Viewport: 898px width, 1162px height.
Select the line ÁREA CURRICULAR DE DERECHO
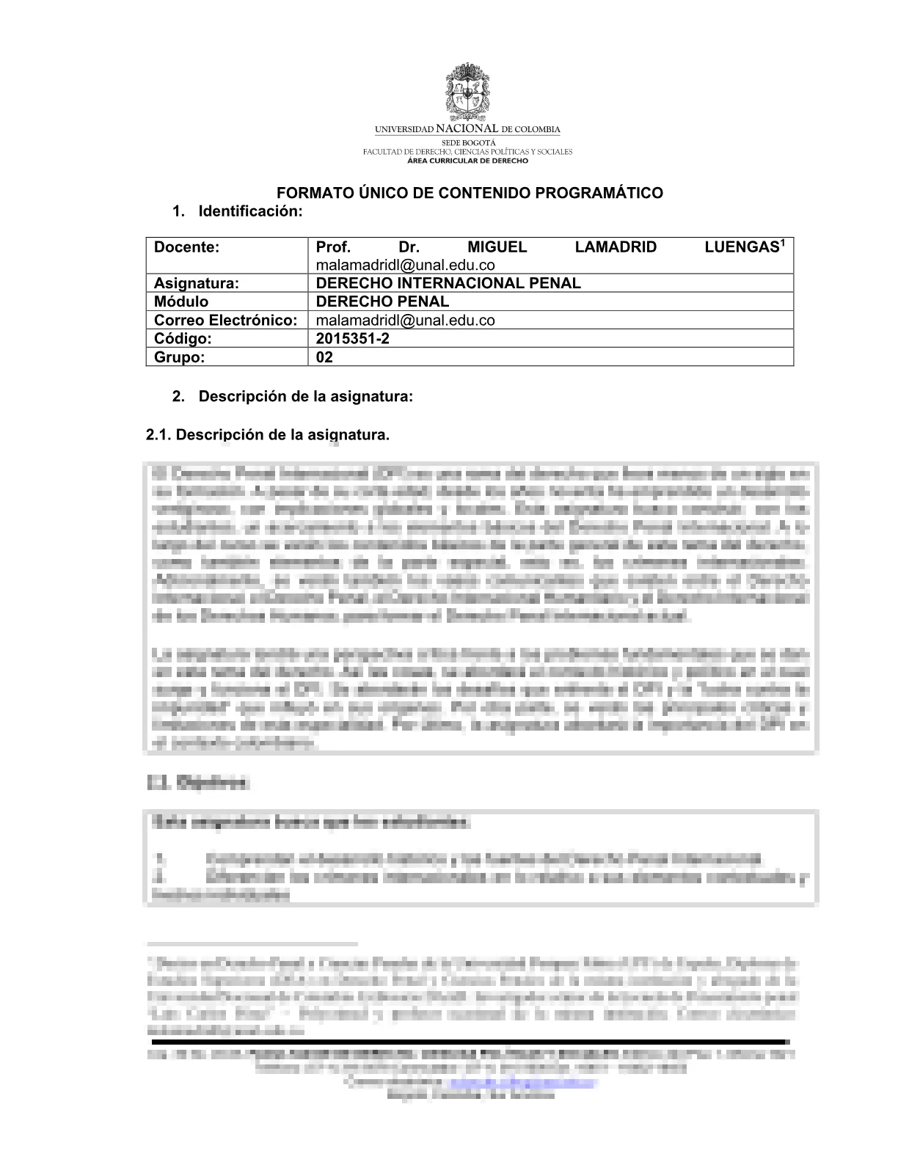point(467,159)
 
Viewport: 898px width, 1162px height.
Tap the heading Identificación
point(250,211)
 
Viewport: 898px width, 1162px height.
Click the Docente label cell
point(187,247)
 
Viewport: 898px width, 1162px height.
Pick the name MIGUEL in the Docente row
point(497,247)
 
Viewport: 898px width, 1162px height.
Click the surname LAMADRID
point(616,247)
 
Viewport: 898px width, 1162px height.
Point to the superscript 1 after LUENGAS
point(782,243)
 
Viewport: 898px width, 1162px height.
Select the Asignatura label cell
point(197,283)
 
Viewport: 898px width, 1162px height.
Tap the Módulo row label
point(181,302)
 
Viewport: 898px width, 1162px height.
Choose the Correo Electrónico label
point(225,320)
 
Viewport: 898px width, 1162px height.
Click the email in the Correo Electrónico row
point(405,320)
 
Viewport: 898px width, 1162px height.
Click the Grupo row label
point(179,357)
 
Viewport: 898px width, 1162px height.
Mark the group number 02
point(324,357)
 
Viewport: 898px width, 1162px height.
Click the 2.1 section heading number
point(158,435)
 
